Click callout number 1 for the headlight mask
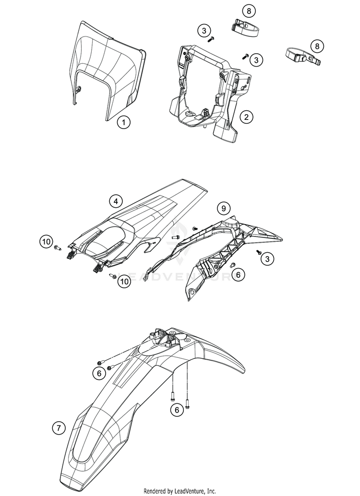tap(124, 109)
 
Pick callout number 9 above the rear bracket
tap(223, 208)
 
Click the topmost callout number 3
tap(204, 31)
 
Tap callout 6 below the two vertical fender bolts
tap(177, 409)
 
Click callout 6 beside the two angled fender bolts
tap(99, 373)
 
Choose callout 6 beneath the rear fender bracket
tap(237, 274)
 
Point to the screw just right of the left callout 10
tap(59, 248)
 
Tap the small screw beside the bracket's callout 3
tap(245, 57)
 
